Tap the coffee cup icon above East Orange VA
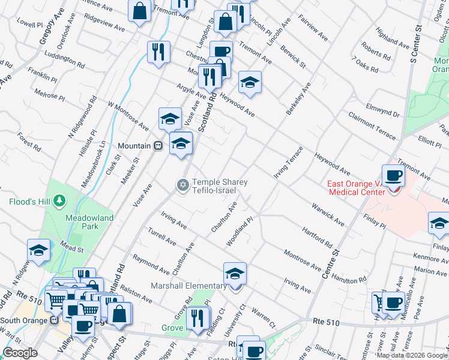[393, 176]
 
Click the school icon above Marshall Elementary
[235, 274]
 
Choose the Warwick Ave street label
[328, 214]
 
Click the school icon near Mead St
[39, 251]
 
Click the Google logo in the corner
[20, 353]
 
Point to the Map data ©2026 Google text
[412, 355]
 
